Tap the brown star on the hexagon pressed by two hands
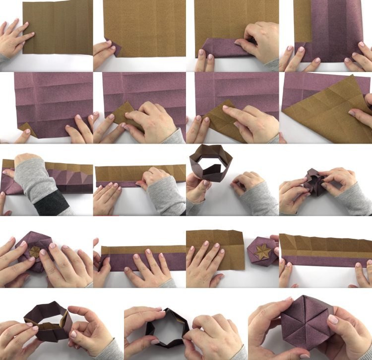pyautogui.click(x=35, y=251)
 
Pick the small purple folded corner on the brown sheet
pyautogui.click(x=112, y=50)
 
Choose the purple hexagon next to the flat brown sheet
pyautogui.click(x=262, y=251)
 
